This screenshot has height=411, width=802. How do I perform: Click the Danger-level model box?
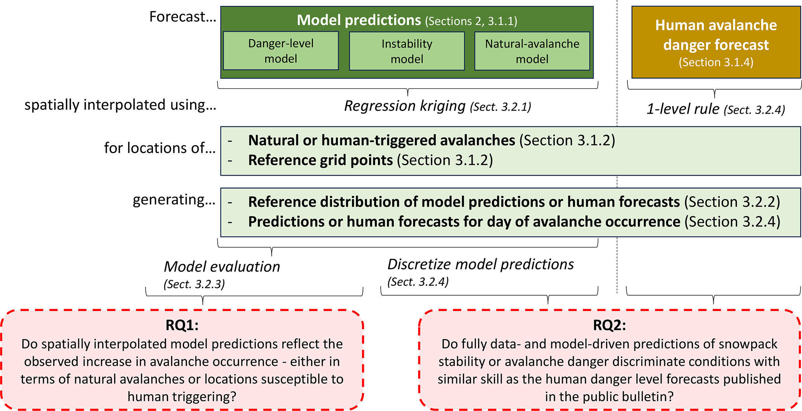281,51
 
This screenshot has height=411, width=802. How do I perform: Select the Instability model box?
407,51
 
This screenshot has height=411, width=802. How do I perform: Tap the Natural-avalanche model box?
532,51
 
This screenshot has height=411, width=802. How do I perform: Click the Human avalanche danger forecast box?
716,42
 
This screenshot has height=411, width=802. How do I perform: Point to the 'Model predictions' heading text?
359,20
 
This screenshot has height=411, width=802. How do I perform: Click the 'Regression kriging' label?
405,106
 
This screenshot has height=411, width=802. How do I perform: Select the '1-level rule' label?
683,109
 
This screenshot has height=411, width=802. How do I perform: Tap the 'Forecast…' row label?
183,17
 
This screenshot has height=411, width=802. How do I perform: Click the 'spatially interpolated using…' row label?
120,105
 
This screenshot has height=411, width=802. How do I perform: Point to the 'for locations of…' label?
160,148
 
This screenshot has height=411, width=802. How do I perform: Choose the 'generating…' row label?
174,200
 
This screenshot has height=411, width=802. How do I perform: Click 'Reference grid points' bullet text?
320,160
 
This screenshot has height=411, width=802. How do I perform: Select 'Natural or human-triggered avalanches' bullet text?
382,140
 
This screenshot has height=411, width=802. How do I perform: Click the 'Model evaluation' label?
222,266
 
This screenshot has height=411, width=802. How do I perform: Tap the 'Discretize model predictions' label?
481,264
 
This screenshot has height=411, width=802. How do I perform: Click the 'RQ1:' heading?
182,325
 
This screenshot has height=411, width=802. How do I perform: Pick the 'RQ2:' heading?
610,325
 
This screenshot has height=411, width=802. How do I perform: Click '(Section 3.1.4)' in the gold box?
716,62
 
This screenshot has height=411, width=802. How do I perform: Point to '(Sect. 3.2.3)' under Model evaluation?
194,284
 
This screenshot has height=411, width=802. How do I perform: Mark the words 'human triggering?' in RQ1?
182,397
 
